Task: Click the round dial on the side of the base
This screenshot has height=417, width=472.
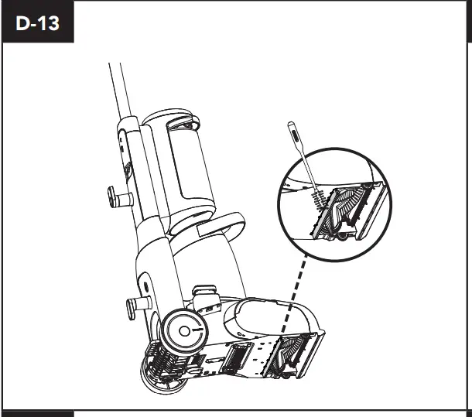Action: click(x=185, y=330)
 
